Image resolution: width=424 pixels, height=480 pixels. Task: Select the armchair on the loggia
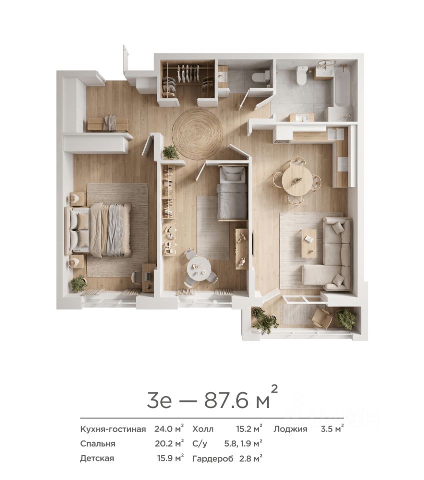[x=322, y=318]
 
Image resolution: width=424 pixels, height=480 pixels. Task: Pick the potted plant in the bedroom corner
[x=78, y=283]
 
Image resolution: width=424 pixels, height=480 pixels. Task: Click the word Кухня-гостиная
[x=113, y=429]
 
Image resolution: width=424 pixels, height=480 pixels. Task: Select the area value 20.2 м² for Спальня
[x=169, y=443]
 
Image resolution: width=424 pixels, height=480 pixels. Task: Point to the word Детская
[x=97, y=458]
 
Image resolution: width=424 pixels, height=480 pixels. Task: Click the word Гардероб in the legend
[x=213, y=458]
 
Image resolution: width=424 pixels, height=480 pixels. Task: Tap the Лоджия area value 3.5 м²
[x=332, y=428]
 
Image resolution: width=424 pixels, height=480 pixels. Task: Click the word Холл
[x=203, y=429]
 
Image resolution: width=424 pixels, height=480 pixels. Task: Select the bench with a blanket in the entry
[x=107, y=123]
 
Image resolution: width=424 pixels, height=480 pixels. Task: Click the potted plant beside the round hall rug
[x=171, y=152]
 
